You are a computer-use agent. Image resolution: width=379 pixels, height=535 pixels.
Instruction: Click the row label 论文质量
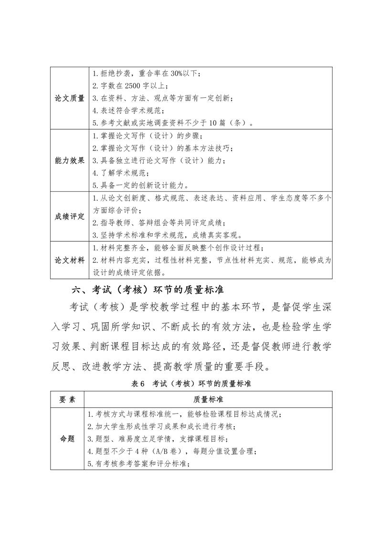[x=70, y=98]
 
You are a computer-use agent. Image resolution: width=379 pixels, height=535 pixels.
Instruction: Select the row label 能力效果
[x=70, y=160]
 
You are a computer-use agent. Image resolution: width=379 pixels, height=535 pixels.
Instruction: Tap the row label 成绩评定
[x=70, y=216]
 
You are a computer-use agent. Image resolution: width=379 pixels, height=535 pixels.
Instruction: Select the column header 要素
[x=67, y=399]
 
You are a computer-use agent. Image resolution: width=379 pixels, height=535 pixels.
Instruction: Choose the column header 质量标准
[x=208, y=399]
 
